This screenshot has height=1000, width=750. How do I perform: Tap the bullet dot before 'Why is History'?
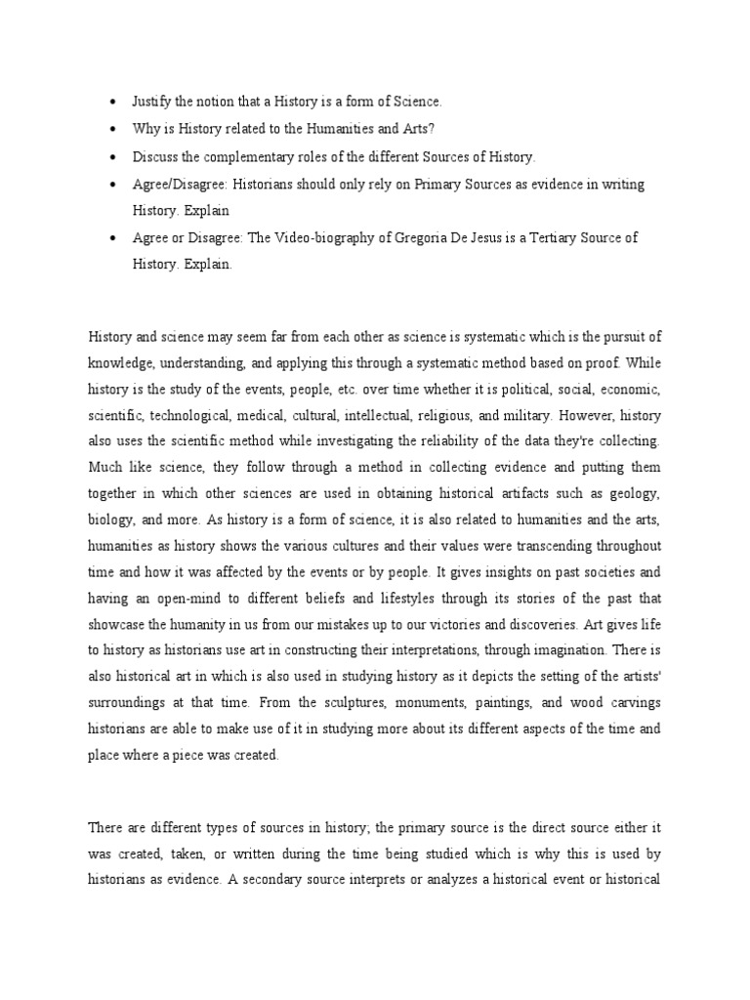click(x=113, y=130)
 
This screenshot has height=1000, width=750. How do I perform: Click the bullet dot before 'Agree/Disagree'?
click(x=113, y=185)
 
